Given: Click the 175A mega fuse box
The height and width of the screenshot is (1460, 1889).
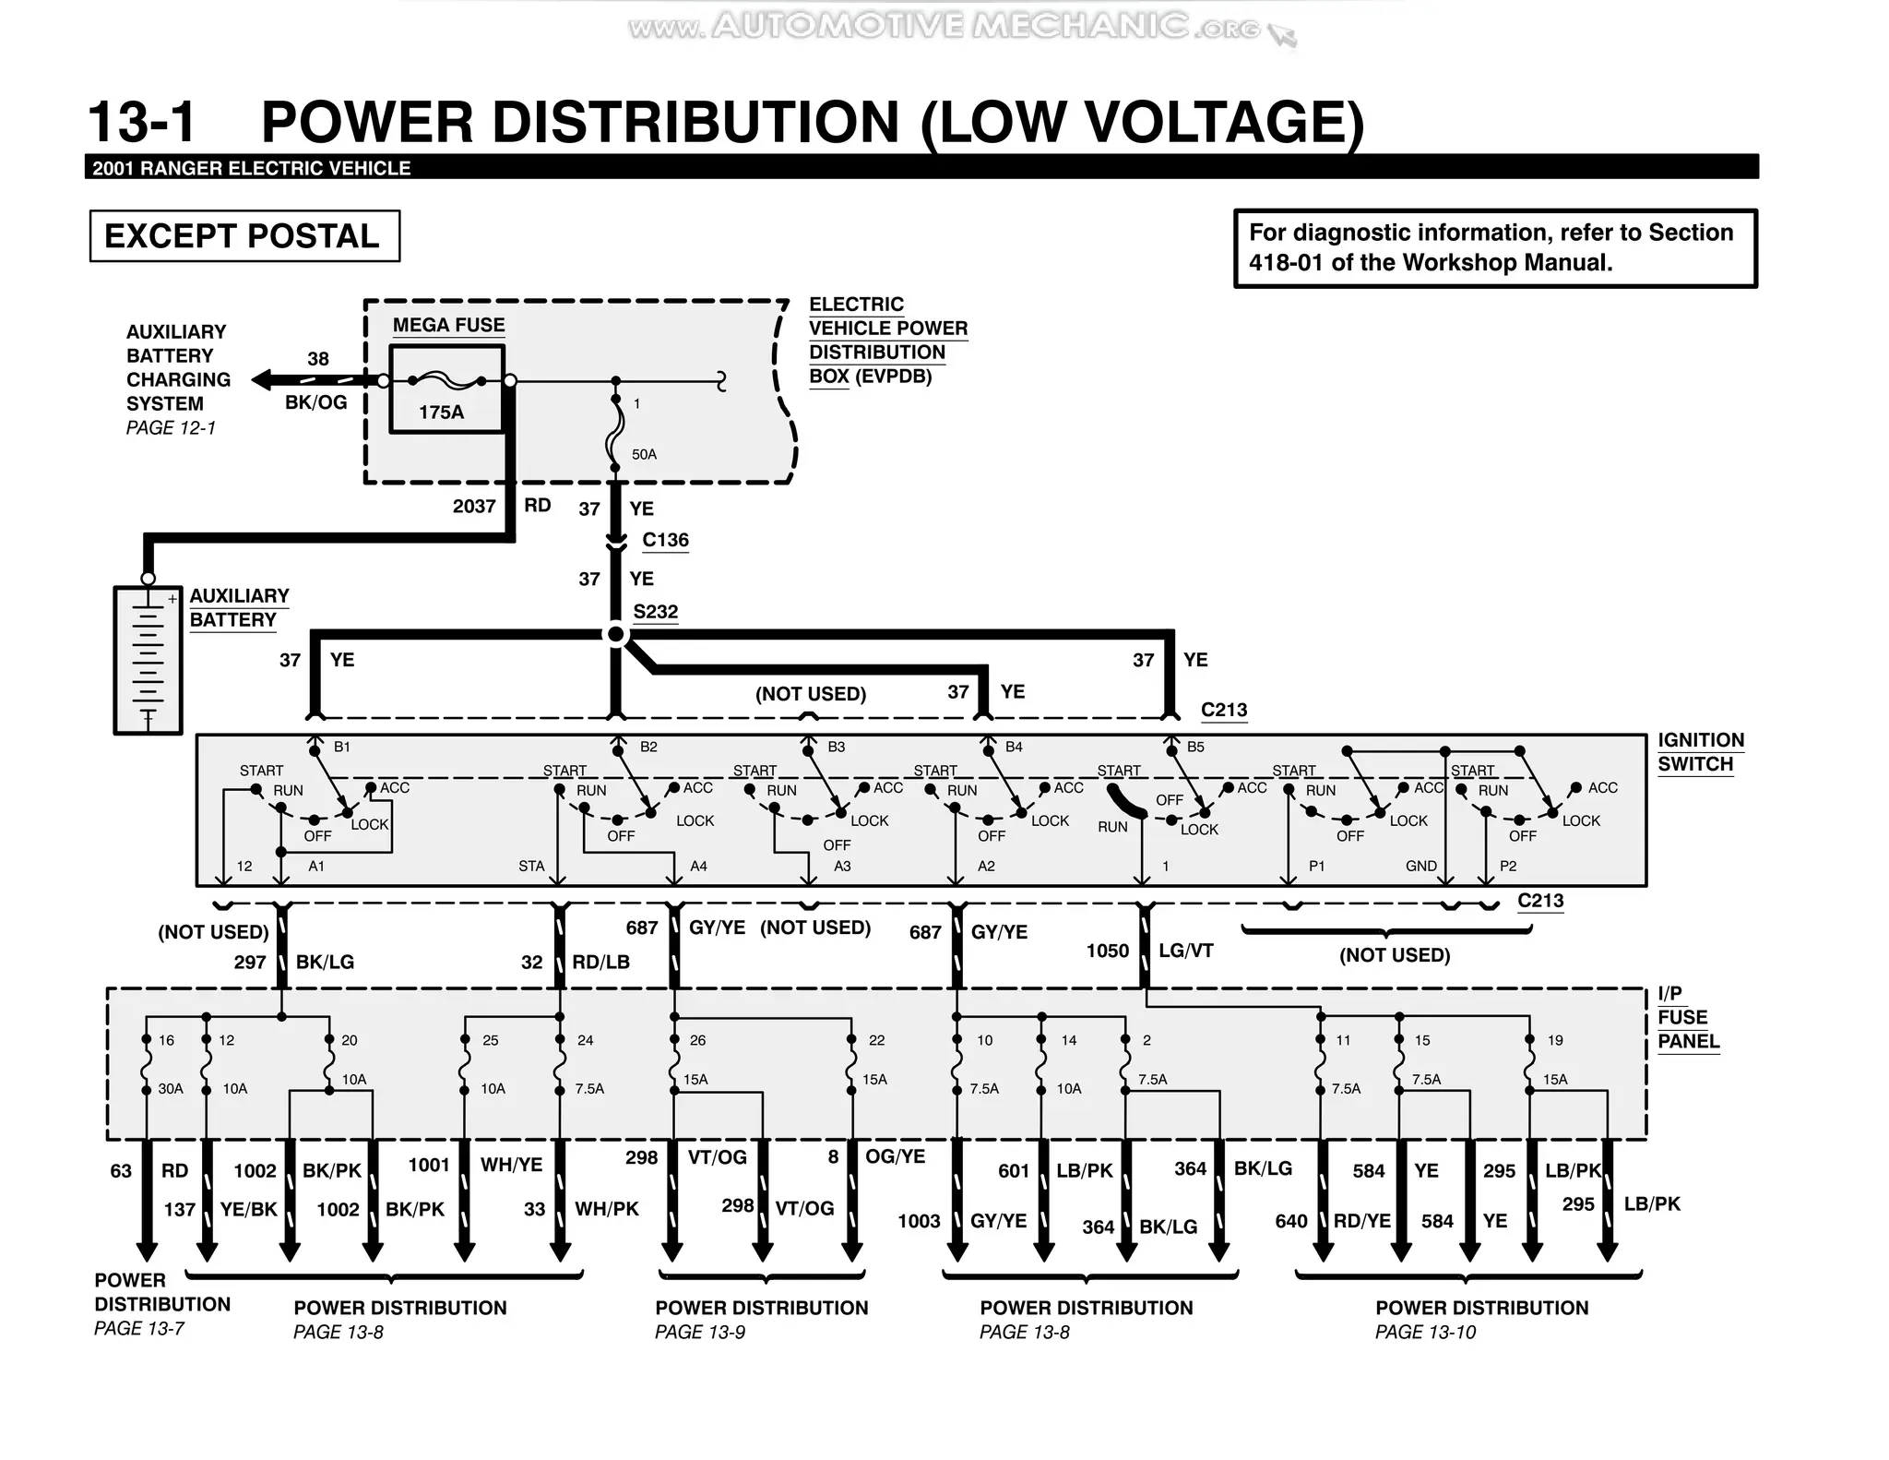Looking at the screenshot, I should click(446, 389).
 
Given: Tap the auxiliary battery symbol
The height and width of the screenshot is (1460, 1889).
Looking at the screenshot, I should click(148, 660).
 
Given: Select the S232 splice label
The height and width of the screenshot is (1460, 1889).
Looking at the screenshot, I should click(655, 612).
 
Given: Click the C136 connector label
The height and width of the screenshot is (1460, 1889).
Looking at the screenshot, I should click(665, 540).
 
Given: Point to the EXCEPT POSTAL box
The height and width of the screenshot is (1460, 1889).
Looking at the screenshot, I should click(244, 236).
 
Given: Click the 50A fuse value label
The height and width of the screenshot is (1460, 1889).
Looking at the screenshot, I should click(644, 454).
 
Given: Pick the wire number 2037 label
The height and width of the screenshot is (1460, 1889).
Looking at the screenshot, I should click(474, 506).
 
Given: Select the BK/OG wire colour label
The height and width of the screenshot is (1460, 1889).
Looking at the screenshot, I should click(315, 402).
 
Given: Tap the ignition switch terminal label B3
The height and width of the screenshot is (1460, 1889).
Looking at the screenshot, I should click(836, 747).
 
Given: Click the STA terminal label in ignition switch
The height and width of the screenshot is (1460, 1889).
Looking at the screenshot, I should click(531, 866).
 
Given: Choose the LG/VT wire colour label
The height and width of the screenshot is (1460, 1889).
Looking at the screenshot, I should click(1185, 951).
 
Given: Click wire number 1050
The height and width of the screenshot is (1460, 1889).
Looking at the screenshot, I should click(1107, 951).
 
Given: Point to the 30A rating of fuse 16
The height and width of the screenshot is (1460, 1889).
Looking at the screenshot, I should click(171, 1089).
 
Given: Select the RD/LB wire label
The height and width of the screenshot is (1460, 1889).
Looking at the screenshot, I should click(600, 962).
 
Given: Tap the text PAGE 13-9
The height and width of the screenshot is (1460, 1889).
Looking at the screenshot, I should click(700, 1332).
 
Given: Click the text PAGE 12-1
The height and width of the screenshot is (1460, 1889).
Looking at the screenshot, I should click(171, 428).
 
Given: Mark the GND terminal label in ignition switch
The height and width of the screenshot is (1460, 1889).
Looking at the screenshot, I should click(1420, 866).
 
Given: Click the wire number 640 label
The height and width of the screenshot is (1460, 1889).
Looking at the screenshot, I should click(1290, 1221).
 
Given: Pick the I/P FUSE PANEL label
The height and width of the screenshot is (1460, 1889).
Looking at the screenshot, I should click(1687, 1018).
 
